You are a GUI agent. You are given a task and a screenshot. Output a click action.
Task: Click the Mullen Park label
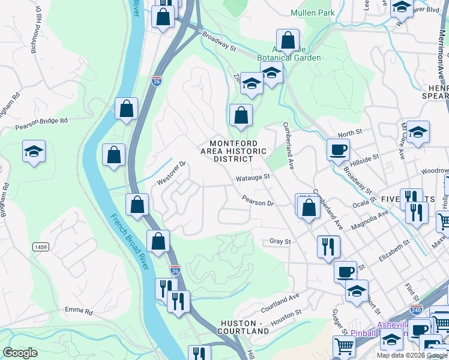click(312, 12)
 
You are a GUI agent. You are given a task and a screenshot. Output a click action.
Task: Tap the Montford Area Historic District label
click(234, 151)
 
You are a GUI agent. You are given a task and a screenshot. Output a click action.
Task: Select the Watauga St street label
click(253, 178)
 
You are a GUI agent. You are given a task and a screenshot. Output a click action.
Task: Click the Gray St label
click(280, 242)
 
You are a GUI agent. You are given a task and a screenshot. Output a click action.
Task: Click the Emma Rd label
click(80, 311)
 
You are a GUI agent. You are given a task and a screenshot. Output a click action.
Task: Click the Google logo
click(20, 353)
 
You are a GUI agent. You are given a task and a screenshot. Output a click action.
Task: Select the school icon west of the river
click(34, 152)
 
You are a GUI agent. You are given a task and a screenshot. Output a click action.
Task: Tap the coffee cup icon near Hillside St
click(338, 149)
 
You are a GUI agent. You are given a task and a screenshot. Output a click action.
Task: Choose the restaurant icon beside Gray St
click(328, 245)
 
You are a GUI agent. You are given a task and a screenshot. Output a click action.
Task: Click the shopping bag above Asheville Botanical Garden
click(288, 41)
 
